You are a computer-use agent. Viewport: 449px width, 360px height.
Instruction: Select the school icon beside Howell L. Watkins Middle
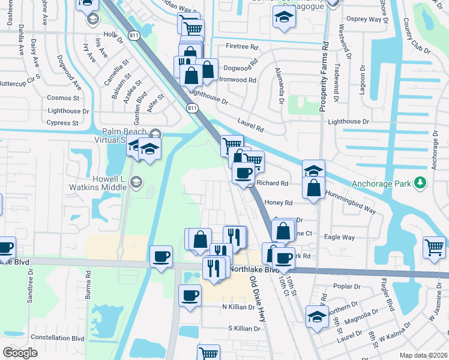point(137,182)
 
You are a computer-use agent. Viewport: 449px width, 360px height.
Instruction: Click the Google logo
point(20,353)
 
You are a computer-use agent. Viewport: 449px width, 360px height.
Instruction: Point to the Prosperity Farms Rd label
point(324,76)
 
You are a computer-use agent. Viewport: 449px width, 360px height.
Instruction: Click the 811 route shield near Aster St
point(191,108)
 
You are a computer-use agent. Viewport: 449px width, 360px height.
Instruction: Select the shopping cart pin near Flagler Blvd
point(434,247)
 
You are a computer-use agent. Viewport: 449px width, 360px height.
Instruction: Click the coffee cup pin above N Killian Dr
point(190,296)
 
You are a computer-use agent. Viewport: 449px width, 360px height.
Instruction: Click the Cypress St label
point(62,123)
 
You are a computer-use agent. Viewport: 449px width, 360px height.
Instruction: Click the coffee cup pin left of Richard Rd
point(243,173)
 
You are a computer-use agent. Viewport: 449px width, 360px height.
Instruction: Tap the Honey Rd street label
point(278,203)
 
